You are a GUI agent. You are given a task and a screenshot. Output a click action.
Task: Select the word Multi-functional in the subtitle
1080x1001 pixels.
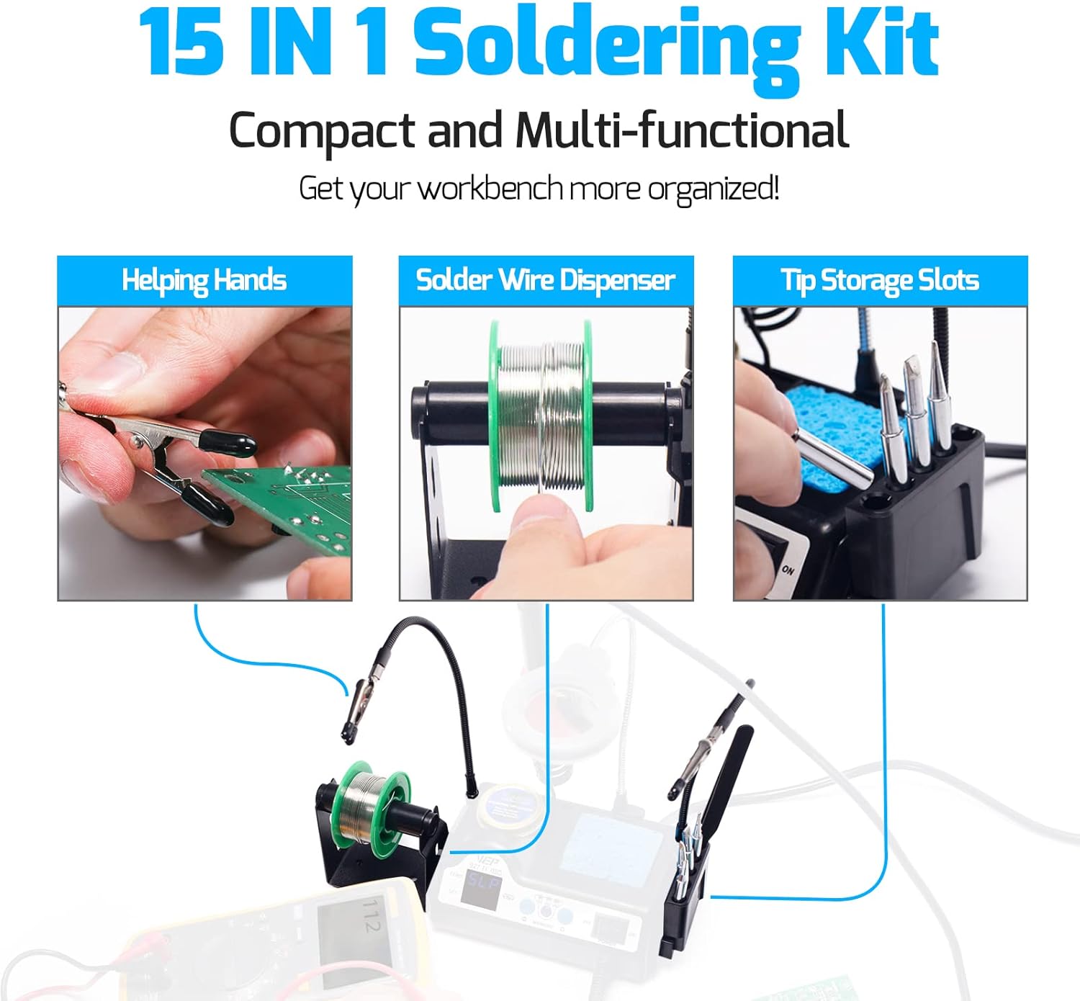[x=681, y=130]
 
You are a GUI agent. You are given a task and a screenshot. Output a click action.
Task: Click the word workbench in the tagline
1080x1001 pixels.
[x=491, y=189]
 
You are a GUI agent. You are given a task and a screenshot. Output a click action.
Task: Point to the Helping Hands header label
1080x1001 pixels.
[x=204, y=280]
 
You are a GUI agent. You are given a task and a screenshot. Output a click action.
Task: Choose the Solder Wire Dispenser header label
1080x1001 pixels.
[x=546, y=280]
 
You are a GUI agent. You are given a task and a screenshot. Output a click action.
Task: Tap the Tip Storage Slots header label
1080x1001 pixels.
[x=880, y=280]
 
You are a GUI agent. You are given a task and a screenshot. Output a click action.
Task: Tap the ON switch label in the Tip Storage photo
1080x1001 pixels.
[x=788, y=570]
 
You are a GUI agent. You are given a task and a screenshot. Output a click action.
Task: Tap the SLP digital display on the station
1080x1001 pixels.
[x=482, y=881]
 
